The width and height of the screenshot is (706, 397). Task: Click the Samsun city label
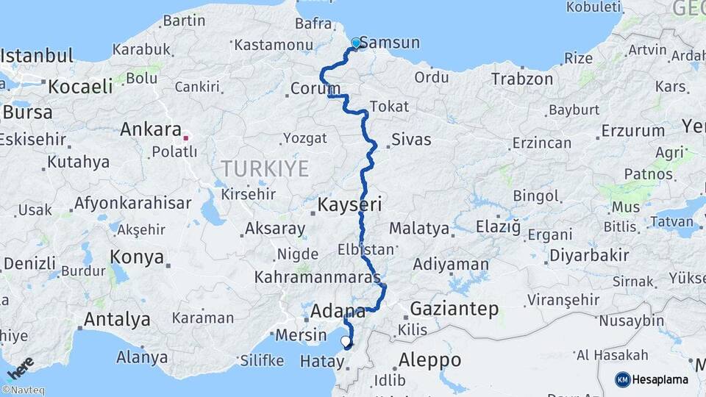coord(390,43)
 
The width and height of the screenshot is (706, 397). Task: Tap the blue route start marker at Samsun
coord(357,43)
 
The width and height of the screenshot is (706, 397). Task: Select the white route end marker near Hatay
coord(346,341)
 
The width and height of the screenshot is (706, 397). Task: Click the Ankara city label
coord(150,129)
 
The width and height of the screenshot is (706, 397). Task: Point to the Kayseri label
coord(349,204)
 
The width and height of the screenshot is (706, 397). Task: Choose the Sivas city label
coord(411,139)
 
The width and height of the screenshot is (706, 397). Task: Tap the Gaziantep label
coord(454,309)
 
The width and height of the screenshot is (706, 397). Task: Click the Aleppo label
coord(429,360)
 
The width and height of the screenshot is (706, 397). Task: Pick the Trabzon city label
coord(522,79)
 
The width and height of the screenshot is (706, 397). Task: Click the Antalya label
coord(117,320)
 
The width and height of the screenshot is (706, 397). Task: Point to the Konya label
coord(137,257)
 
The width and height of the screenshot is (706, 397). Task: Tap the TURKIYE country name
coord(265,169)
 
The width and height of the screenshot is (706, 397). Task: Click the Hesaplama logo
coord(652,379)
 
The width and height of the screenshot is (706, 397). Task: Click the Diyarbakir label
coord(588,255)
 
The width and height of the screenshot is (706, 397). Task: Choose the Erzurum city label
coord(632,131)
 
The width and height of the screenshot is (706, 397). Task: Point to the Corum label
coord(315,88)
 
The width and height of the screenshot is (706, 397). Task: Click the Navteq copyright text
coord(23,390)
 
